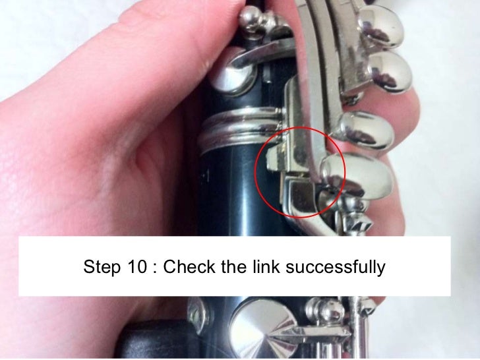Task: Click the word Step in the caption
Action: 100,268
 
